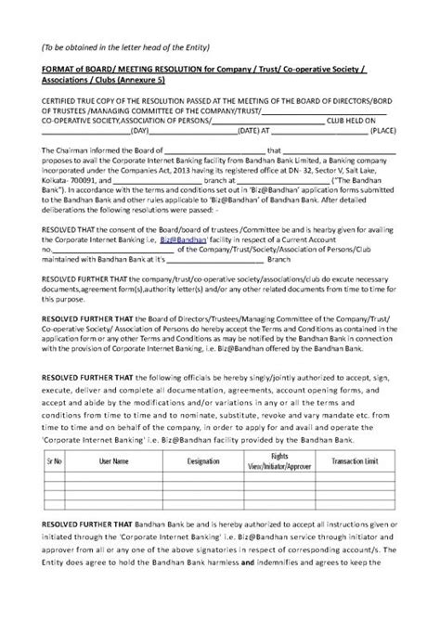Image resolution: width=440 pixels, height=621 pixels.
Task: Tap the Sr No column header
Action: coord(54,461)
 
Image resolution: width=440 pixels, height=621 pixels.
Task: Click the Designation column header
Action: coord(202,461)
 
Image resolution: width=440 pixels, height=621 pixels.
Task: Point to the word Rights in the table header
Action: coord(279,457)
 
